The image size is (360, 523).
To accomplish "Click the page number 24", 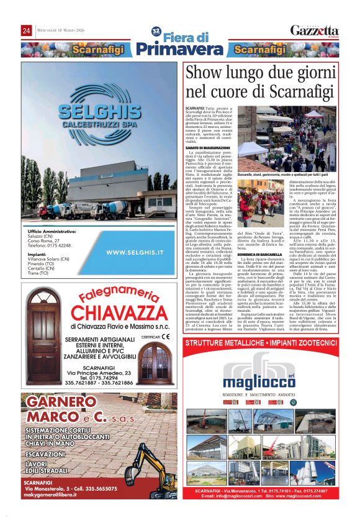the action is pos(26,31).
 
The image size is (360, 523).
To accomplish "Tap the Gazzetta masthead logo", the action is pos(315,31).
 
